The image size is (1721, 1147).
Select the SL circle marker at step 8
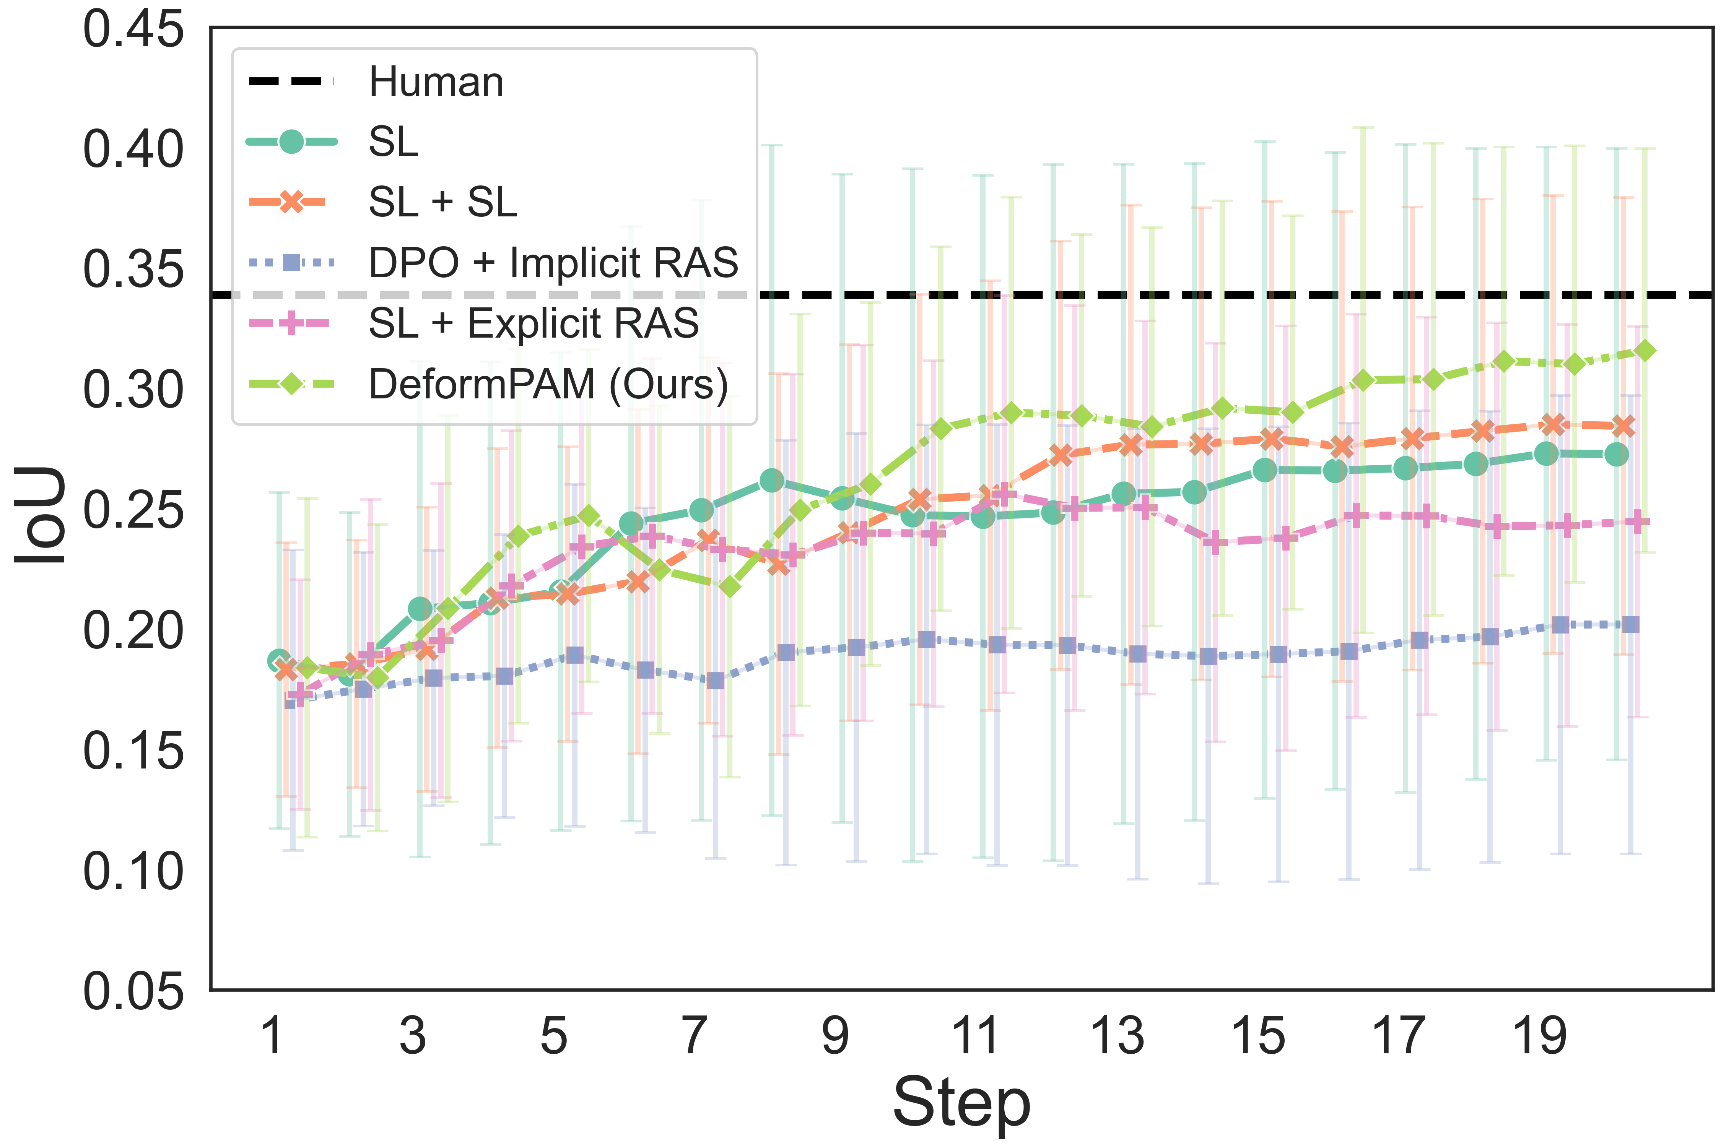coord(772,481)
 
